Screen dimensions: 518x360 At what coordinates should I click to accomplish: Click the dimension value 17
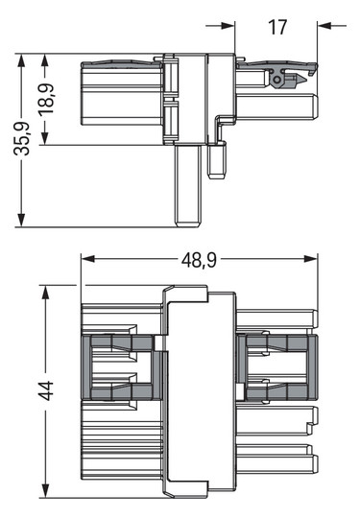(x=277, y=27)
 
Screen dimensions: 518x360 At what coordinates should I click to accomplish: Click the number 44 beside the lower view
(x=44, y=390)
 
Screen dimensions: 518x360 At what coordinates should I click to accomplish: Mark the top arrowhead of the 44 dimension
(x=44, y=291)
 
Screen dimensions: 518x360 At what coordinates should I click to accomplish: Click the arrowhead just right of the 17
(x=324, y=26)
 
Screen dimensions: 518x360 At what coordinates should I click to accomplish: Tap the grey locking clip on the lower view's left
(x=121, y=367)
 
